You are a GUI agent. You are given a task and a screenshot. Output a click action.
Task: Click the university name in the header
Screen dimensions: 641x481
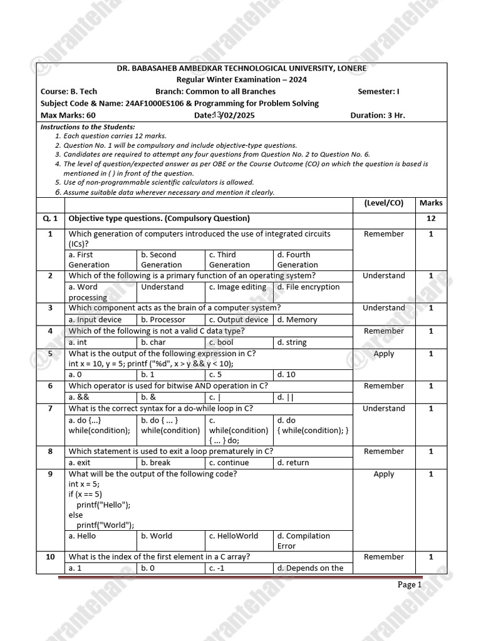click(x=241, y=68)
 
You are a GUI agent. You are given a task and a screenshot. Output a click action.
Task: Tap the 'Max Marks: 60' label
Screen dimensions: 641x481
click(x=68, y=115)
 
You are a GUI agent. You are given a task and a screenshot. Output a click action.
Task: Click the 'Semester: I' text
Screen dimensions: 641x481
click(x=378, y=91)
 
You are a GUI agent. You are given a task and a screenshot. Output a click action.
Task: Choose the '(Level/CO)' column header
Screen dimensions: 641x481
click(x=383, y=203)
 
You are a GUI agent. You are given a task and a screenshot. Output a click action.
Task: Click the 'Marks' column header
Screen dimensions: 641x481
click(x=431, y=203)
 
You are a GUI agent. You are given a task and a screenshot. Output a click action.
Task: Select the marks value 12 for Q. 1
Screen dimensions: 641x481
click(x=431, y=218)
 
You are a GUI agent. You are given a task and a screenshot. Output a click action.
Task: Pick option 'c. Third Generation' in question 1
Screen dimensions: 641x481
click(x=229, y=260)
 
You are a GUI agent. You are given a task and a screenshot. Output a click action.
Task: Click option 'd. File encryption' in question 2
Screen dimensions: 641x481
click(x=308, y=287)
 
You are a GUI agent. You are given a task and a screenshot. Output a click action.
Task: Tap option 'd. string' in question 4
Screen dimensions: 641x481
click(x=292, y=342)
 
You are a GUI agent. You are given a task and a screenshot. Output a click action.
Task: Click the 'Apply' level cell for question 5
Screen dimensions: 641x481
click(x=383, y=354)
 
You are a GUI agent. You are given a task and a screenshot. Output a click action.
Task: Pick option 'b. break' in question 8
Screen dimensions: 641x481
click(x=156, y=463)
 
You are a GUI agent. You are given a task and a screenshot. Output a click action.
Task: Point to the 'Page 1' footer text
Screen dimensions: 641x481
click(x=410, y=585)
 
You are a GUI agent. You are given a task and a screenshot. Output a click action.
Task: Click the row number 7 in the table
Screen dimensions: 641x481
click(x=50, y=409)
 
